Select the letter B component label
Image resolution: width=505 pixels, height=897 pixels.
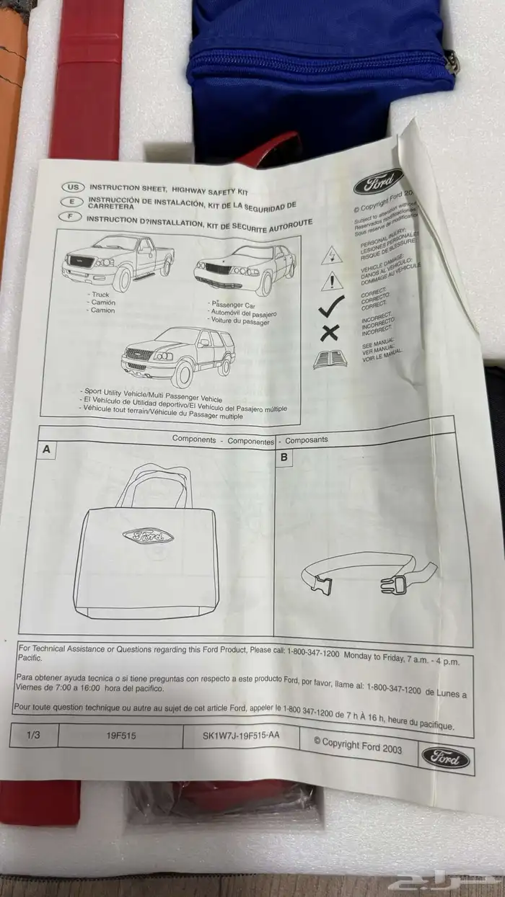pyautogui.click(x=284, y=456)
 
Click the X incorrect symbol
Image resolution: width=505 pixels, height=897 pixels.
pyautogui.click(x=330, y=332)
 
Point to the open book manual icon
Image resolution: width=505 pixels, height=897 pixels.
pyautogui.click(x=330, y=358)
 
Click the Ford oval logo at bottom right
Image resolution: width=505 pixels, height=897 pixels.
pyautogui.click(x=445, y=757)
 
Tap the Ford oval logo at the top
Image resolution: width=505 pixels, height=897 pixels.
pyautogui.click(x=379, y=184)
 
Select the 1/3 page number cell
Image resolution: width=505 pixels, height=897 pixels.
pyautogui.click(x=33, y=736)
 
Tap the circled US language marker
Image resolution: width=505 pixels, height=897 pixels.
pyautogui.click(x=72, y=187)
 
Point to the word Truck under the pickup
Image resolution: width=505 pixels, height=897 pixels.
pyautogui.click(x=98, y=295)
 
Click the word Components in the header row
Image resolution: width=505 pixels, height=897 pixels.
pyautogui.click(x=193, y=439)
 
